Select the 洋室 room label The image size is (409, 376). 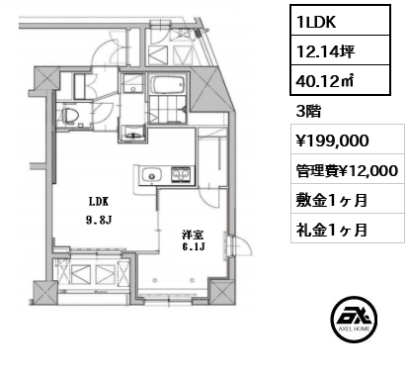(x=193, y=235)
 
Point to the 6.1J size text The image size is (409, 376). (x=193, y=247)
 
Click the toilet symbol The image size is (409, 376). (x=69, y=117)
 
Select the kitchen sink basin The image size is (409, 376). (x=150, y=176)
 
